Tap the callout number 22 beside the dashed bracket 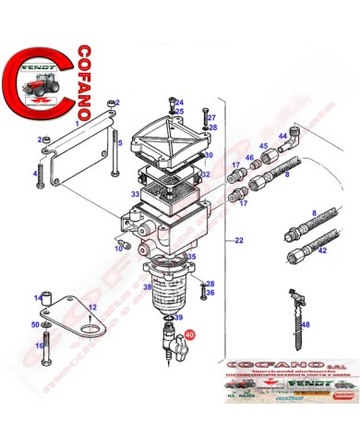click(x=238, y=241)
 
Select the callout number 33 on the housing click(x=135, y=194)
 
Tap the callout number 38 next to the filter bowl click(x=146, y=287)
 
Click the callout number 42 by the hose click(x=321, y=250)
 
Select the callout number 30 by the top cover click(x=209, y=155)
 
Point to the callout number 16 click(x=39, y=345)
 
